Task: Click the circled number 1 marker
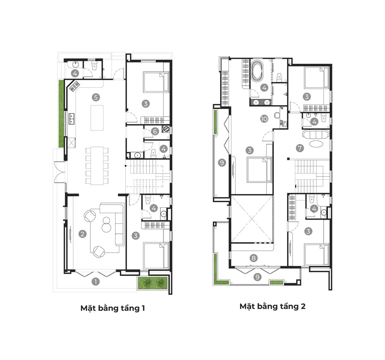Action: click(x=95, y=282)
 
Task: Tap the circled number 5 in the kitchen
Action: click(x=96, y=97)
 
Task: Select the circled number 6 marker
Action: click(x=155, y=131)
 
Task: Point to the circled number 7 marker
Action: click(x=300, y=148)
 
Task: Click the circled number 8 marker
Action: click(x=254, y=258)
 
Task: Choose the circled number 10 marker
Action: click(x=264, y=119)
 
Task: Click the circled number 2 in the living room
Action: click(x=83, y=234)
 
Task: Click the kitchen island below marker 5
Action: click(x=97, y=118)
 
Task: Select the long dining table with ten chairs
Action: click(x=97, y=166)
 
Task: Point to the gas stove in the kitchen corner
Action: click(x=75, y=86)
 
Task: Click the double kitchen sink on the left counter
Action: click(x=71, y=119)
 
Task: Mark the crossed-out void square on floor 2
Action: click(x=252, y=219)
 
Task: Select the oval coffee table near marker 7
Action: click(x=316, y=144)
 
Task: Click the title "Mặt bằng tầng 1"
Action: click(x=113, y=308)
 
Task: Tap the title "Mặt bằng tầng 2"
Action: click(x=272, y=306)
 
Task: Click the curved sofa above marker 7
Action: click(x=315, y=135)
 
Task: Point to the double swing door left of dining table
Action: click(x=59, y=172)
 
